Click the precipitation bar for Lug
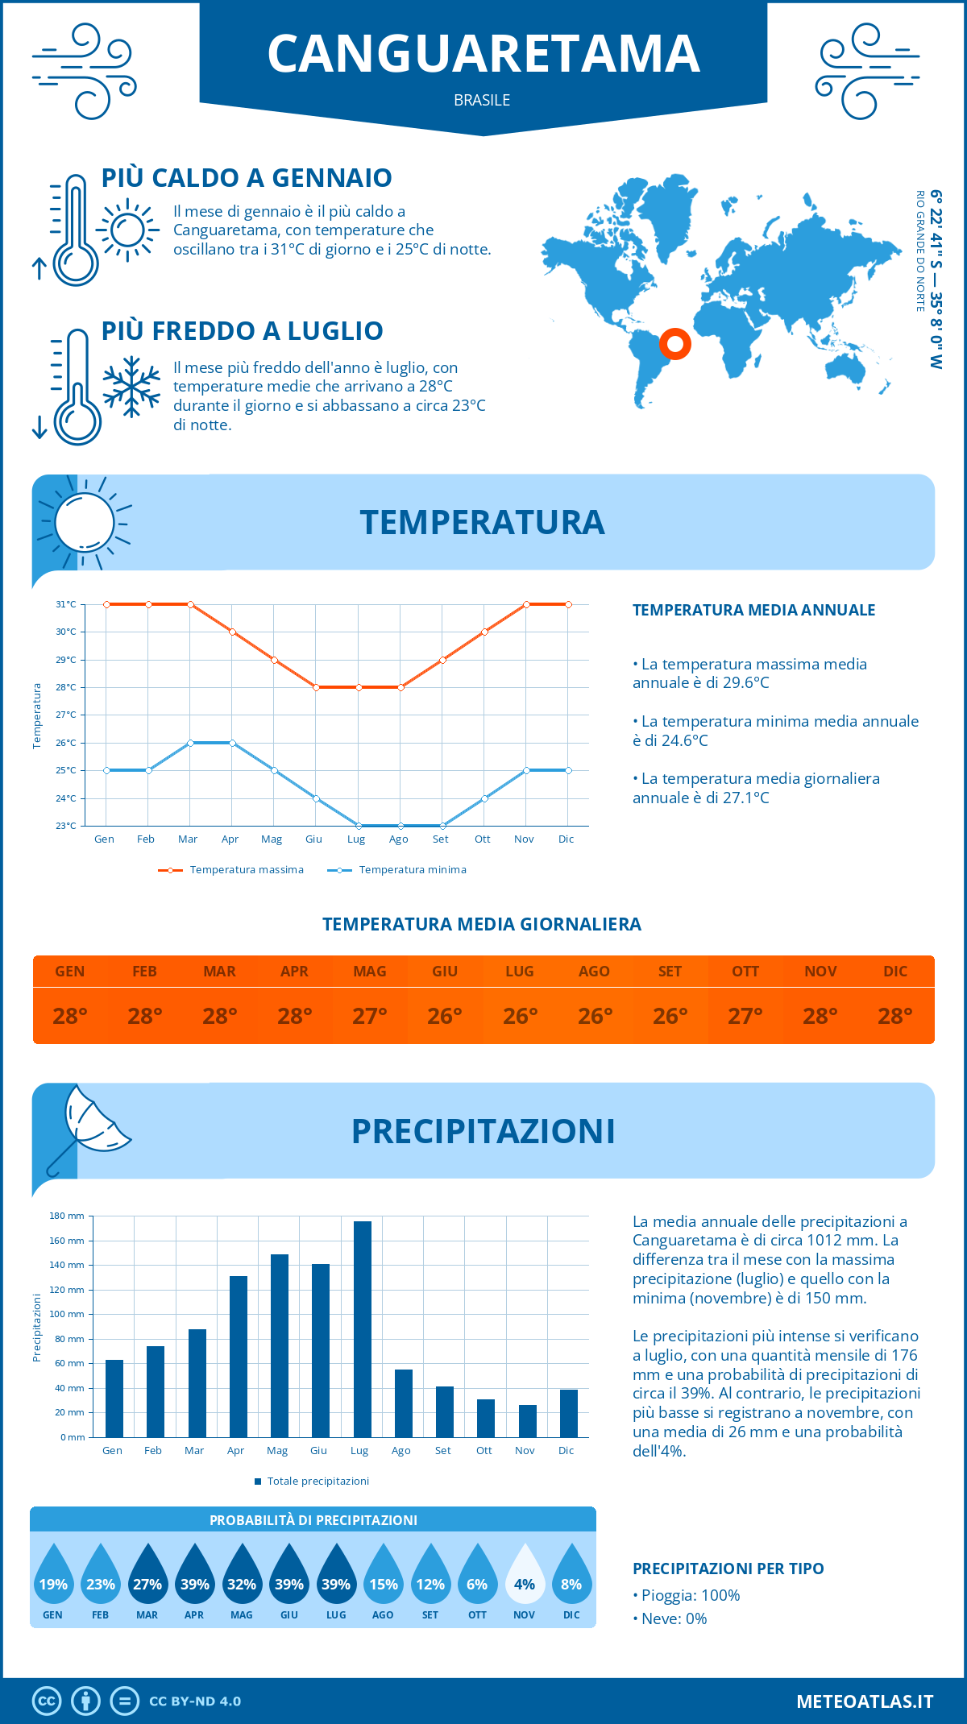coord(362,1329)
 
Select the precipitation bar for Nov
coord(527,1421)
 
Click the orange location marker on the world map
coord(674,344)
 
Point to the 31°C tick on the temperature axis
coord(66,604)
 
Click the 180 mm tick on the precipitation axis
coord(67,1216)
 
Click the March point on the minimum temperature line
coord(190,743)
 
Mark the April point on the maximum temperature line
coord(232,632)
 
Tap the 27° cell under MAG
coord(370,1016)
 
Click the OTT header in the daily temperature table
coord(745,972)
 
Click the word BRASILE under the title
coord(482,100)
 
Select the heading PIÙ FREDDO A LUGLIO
coord(242,331)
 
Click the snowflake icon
coord(131,387)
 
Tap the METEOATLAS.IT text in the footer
coord(865,1701)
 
